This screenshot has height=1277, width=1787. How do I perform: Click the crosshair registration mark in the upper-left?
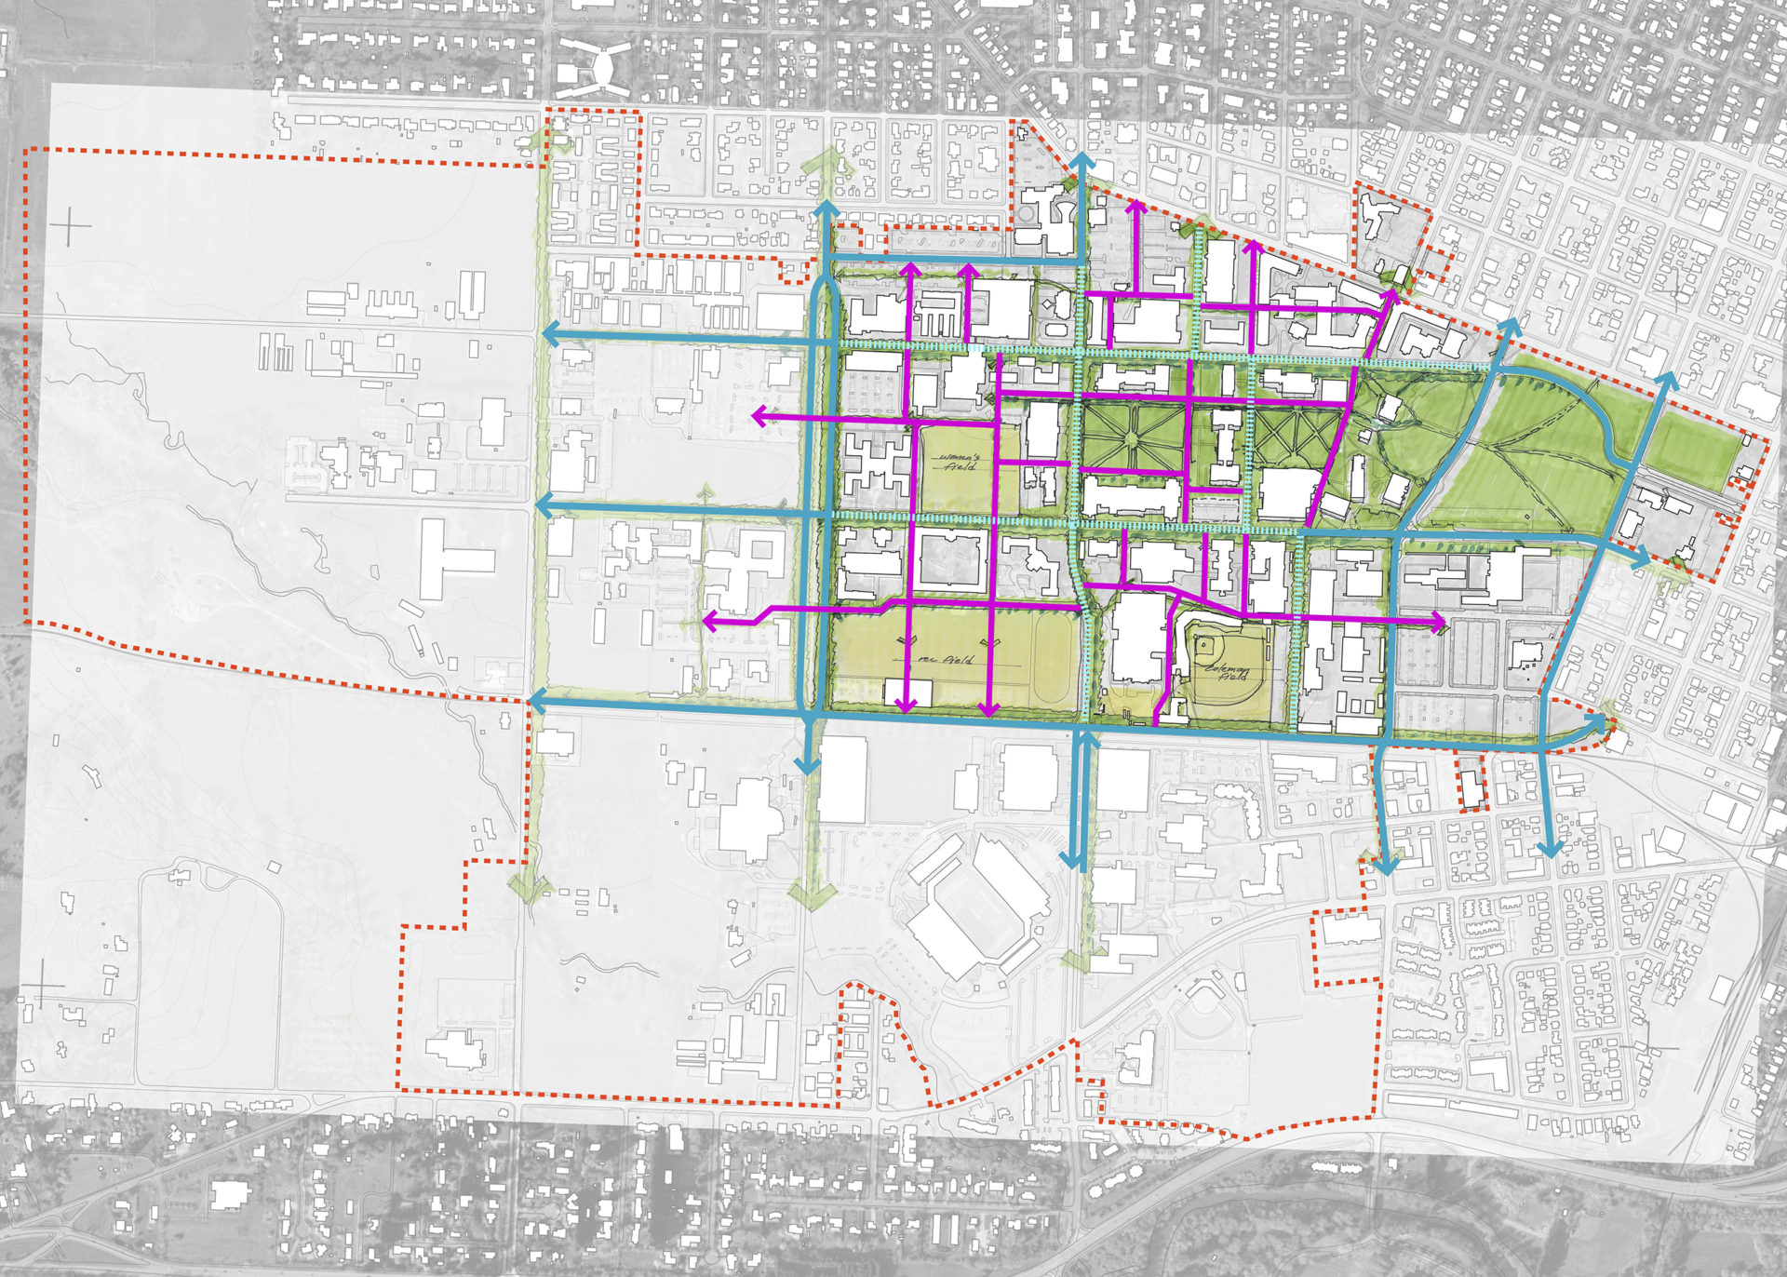tap(72, 226)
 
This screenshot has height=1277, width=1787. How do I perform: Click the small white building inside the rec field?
tap(907, 693)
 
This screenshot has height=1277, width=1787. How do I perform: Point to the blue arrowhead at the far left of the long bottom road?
tap(537, 700)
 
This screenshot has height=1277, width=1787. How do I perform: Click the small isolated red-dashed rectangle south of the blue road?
tap(1471, 783)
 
